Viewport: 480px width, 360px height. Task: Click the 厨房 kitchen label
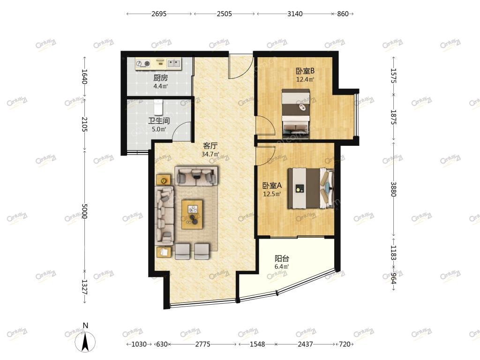point(160,78)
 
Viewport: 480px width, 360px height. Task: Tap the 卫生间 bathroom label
point(159,120)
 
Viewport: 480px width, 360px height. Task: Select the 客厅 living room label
point(210,146)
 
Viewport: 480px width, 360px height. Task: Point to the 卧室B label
point(305,71)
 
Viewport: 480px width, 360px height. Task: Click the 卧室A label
point(272,186)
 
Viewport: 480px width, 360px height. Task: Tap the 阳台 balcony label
point(282,258)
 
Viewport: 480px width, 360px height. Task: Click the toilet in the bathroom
point(158,106)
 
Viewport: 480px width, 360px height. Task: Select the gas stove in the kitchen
point(143,64)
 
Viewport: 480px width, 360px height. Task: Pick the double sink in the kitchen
point(173,63)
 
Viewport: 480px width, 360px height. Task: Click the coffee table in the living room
point(192,214)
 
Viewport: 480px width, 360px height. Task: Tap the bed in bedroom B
point(296,112)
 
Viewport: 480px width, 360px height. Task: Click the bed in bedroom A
point(310,188)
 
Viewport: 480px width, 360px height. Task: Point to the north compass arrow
point(85,341)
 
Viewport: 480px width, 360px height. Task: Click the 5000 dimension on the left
point(85,211)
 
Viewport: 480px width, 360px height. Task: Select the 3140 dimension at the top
point(295,14)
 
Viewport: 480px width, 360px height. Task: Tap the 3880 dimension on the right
point(393,189)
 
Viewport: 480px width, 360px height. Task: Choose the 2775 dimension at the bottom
point(202,345)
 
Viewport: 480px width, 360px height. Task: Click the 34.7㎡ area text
point(210,154)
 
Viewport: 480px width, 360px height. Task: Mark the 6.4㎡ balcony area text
point(282,267)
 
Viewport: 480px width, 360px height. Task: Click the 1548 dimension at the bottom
point(257,345)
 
